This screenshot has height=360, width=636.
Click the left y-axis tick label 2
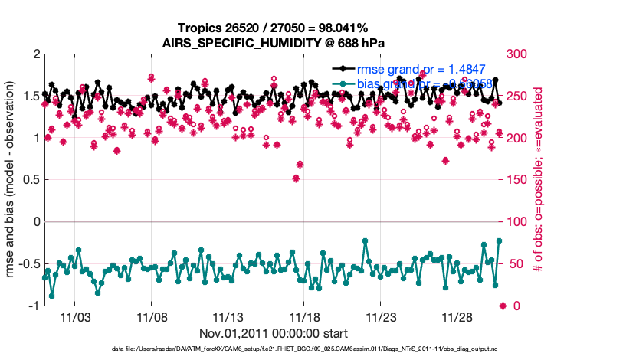(35, 54)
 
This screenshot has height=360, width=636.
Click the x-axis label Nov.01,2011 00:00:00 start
(274, 333)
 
